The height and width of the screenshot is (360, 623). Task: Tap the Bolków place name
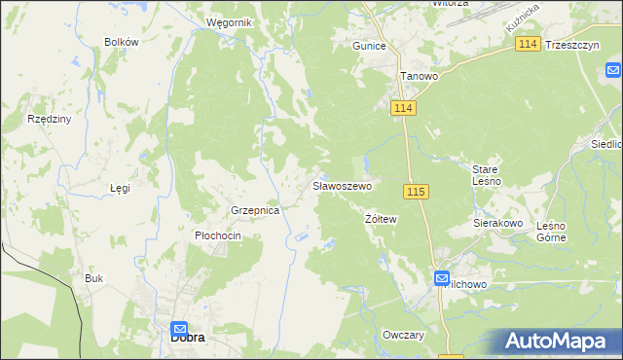(122, 43)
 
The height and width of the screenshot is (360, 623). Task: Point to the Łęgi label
(120, 188)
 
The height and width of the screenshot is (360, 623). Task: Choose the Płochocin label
(218, 235)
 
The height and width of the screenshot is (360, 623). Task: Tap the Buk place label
(93, 278)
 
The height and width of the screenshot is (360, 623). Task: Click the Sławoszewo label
(342, 185)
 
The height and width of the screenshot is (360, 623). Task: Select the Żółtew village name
(382, 219)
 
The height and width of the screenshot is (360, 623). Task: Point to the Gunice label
(370, 46)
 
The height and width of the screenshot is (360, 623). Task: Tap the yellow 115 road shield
(416, 192)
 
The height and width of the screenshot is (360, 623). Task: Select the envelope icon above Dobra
(180, 329)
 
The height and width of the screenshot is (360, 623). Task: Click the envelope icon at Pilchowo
(441, 277)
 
